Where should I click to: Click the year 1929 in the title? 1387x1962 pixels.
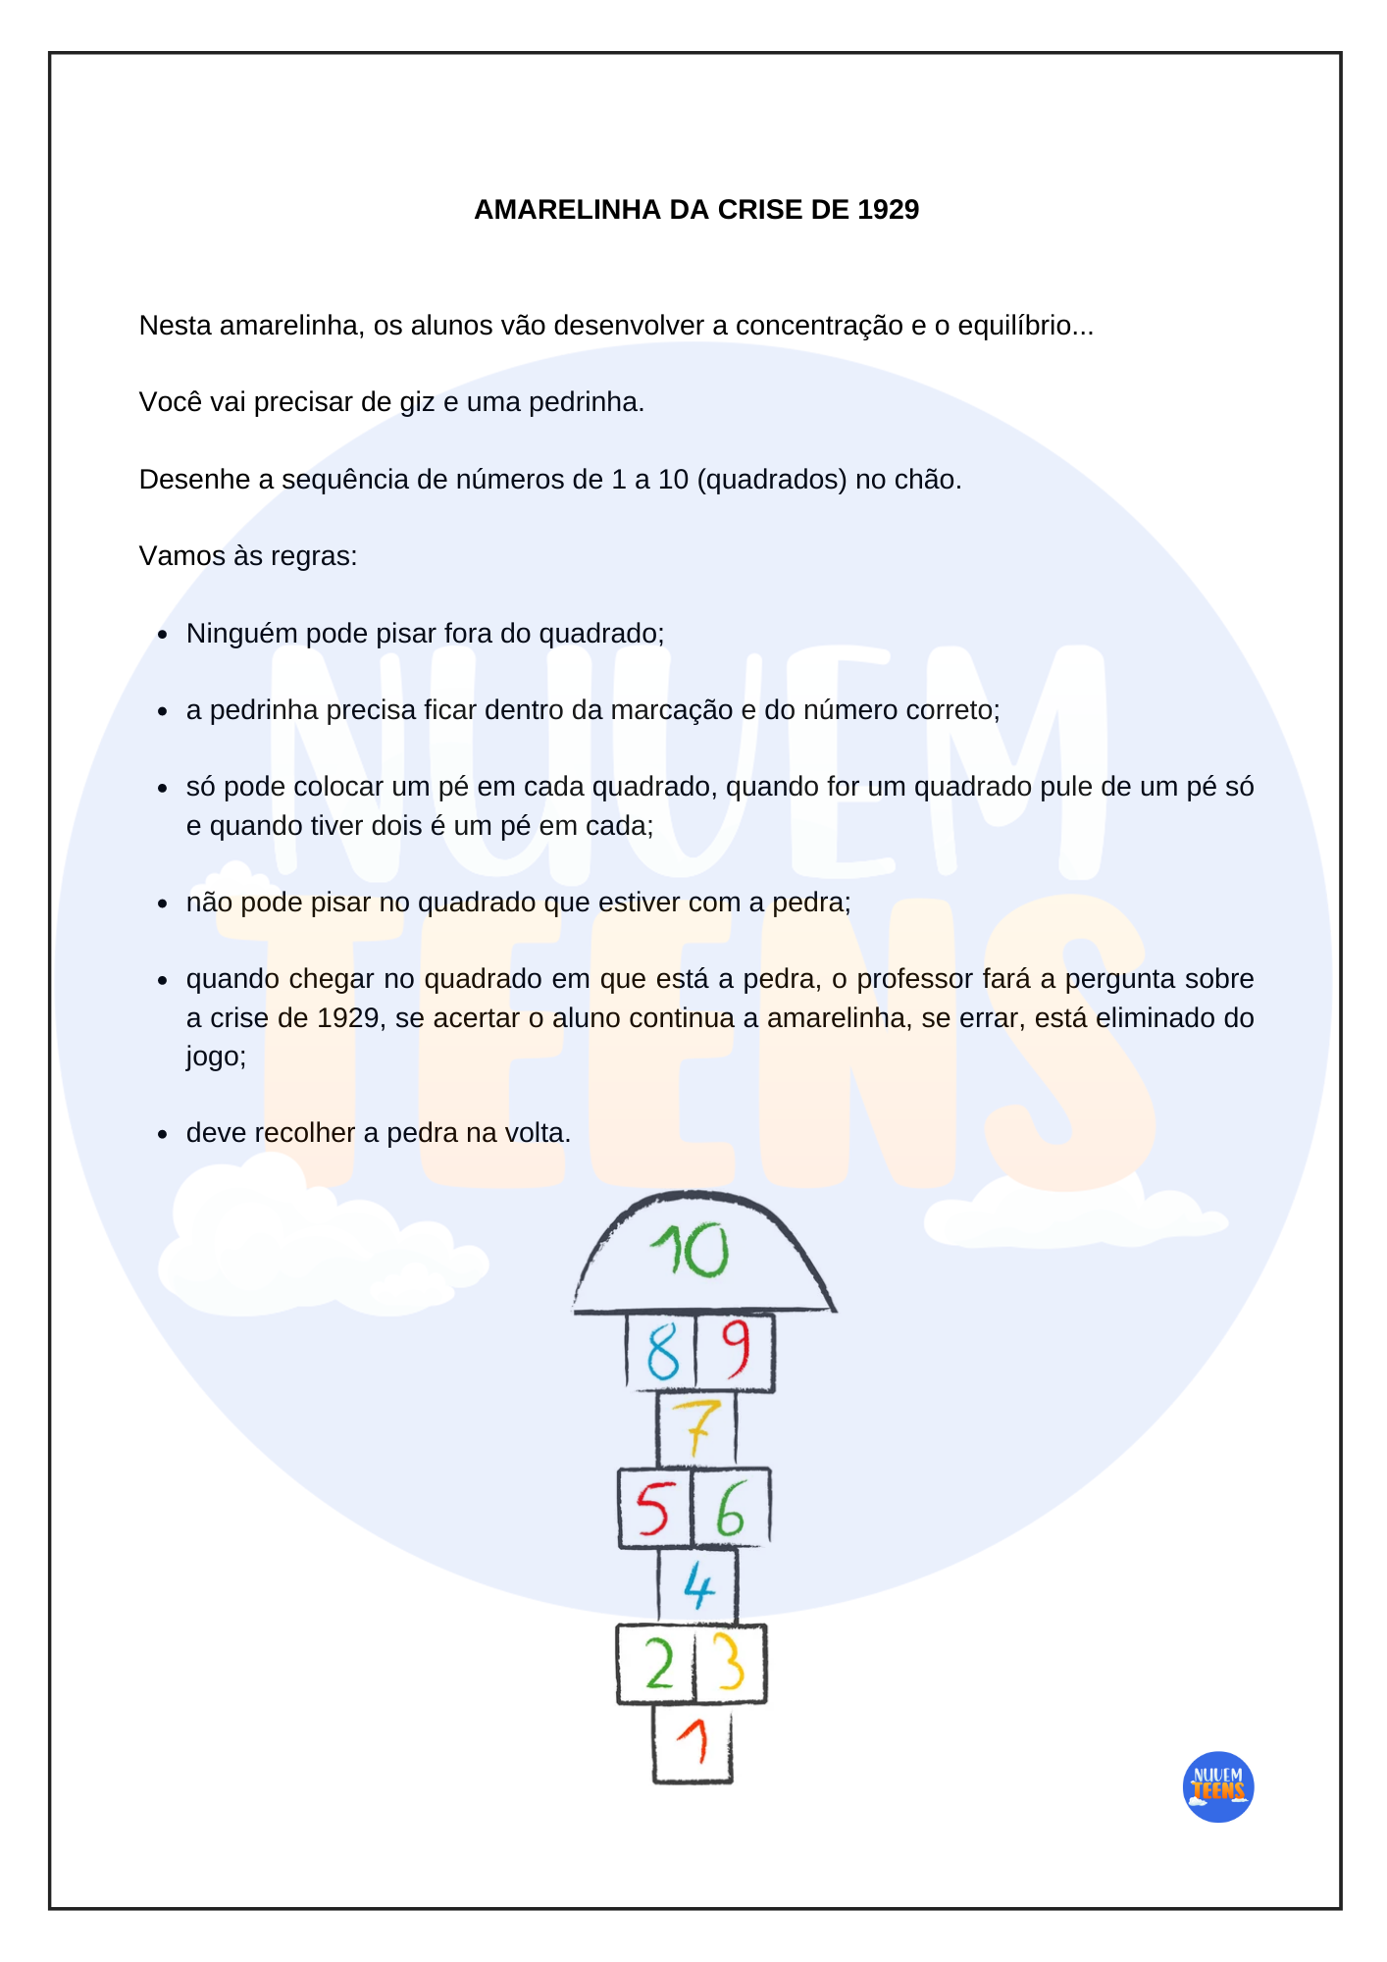point(888,210)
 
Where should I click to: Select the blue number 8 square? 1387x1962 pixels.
point(662,1352)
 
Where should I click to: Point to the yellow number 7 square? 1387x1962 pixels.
point(696,1428)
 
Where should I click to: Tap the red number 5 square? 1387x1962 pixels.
point(653,1508)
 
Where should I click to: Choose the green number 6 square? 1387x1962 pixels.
point(731,1508)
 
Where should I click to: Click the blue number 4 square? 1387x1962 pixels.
point(697,1585)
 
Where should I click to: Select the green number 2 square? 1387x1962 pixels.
point(657,1665)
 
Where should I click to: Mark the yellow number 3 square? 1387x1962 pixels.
point(730,1663)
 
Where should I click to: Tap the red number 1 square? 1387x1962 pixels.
point(693,1742)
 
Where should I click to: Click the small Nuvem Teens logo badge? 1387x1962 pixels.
point(1218,1787)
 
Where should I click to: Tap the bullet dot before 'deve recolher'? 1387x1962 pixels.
point(164,1135)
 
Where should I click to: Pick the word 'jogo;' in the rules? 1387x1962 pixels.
point(216,1057)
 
